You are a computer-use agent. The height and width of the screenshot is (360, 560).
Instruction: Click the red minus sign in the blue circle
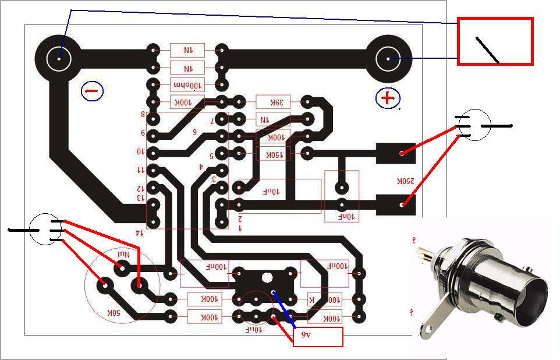pyautogui.click(x=91, y=91)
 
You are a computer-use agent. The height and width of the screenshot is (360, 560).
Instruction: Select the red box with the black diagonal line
pyautogui.click(x=495, y=41)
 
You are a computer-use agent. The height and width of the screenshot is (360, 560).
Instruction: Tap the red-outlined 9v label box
pyautogui.click(x=317, y=337)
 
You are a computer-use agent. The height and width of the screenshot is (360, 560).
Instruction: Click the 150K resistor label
pyautogui.click(x=273, y=155)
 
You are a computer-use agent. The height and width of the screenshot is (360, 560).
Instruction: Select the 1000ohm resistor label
pyautogui.click(x=187, y=85)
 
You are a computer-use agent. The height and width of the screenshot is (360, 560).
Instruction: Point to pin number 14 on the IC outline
pyautogui.click(x=139, y=232)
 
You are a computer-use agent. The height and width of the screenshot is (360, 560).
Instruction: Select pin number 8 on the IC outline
pyautogui.click(x=143, y=114)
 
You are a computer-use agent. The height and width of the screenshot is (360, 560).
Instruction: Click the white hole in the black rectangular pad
pyautogui.click(x=267, y=278)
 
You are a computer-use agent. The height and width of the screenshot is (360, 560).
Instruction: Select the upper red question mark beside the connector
pyautogui.click(x=414, y=240)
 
